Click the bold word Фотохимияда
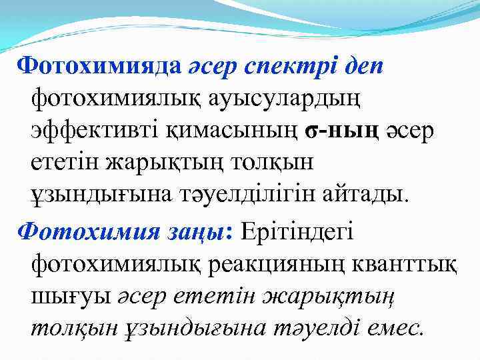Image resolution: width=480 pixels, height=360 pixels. [99, 66]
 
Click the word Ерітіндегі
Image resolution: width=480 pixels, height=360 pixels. [299, 231]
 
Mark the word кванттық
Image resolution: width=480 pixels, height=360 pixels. [413, 264]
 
